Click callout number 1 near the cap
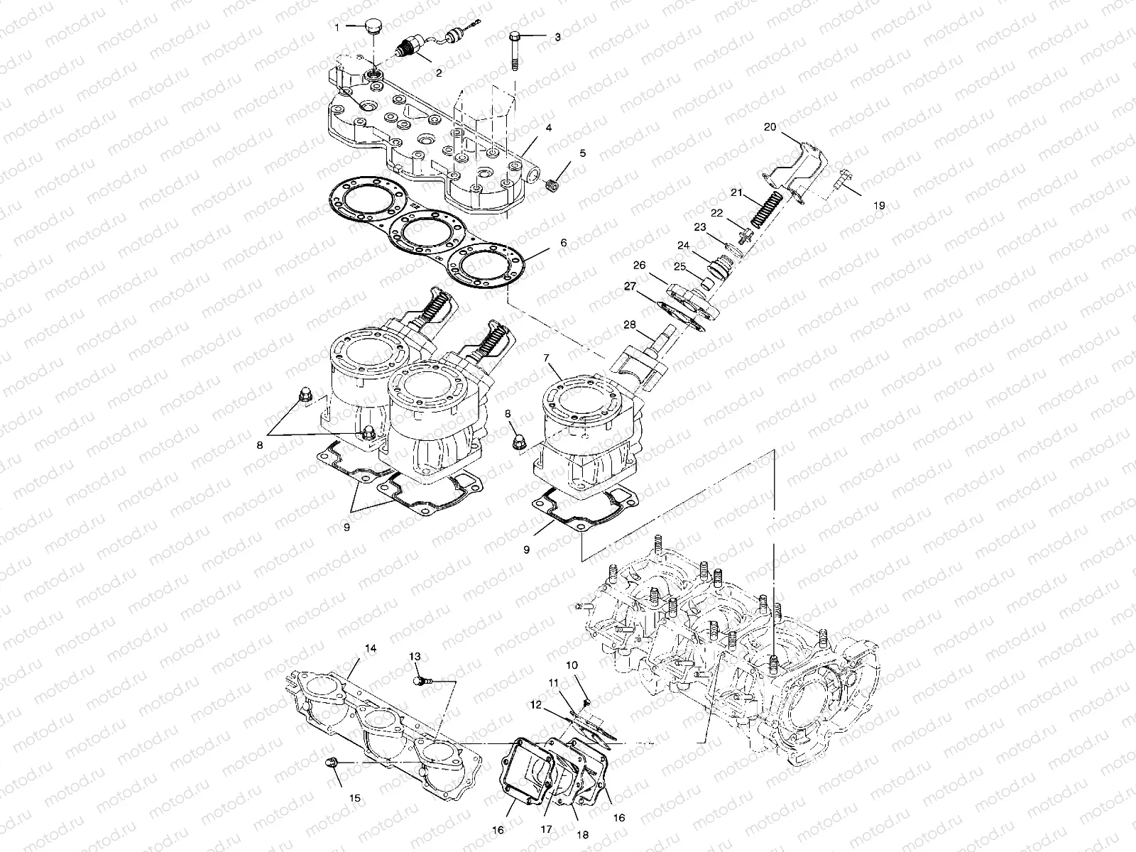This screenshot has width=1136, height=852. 337,26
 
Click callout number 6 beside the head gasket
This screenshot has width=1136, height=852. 563,242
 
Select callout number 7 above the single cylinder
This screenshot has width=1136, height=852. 547,358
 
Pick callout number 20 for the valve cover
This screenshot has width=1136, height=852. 770,127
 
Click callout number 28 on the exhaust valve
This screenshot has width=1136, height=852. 630,324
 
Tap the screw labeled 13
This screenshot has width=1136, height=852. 420,681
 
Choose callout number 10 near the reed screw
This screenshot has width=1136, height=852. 572,665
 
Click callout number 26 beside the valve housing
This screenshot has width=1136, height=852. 639,265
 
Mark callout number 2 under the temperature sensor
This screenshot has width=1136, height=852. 438,72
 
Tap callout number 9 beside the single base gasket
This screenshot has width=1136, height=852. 526,549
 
